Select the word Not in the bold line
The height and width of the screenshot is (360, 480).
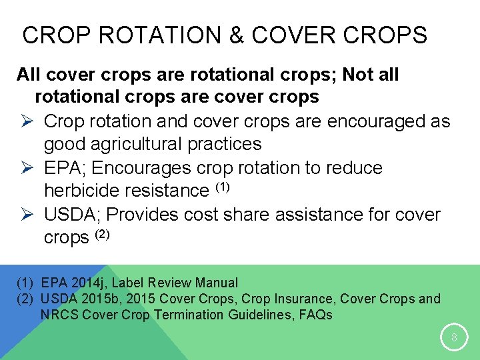pyautogui.click(x=359, y=75)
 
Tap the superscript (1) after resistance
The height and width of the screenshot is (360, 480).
pyautogui.click(x=222, y=187)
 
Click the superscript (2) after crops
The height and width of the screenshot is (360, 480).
pyautogui.click(x=101, y=234)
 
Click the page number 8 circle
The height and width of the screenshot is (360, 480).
pyautogui.click(x=454, y=337)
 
